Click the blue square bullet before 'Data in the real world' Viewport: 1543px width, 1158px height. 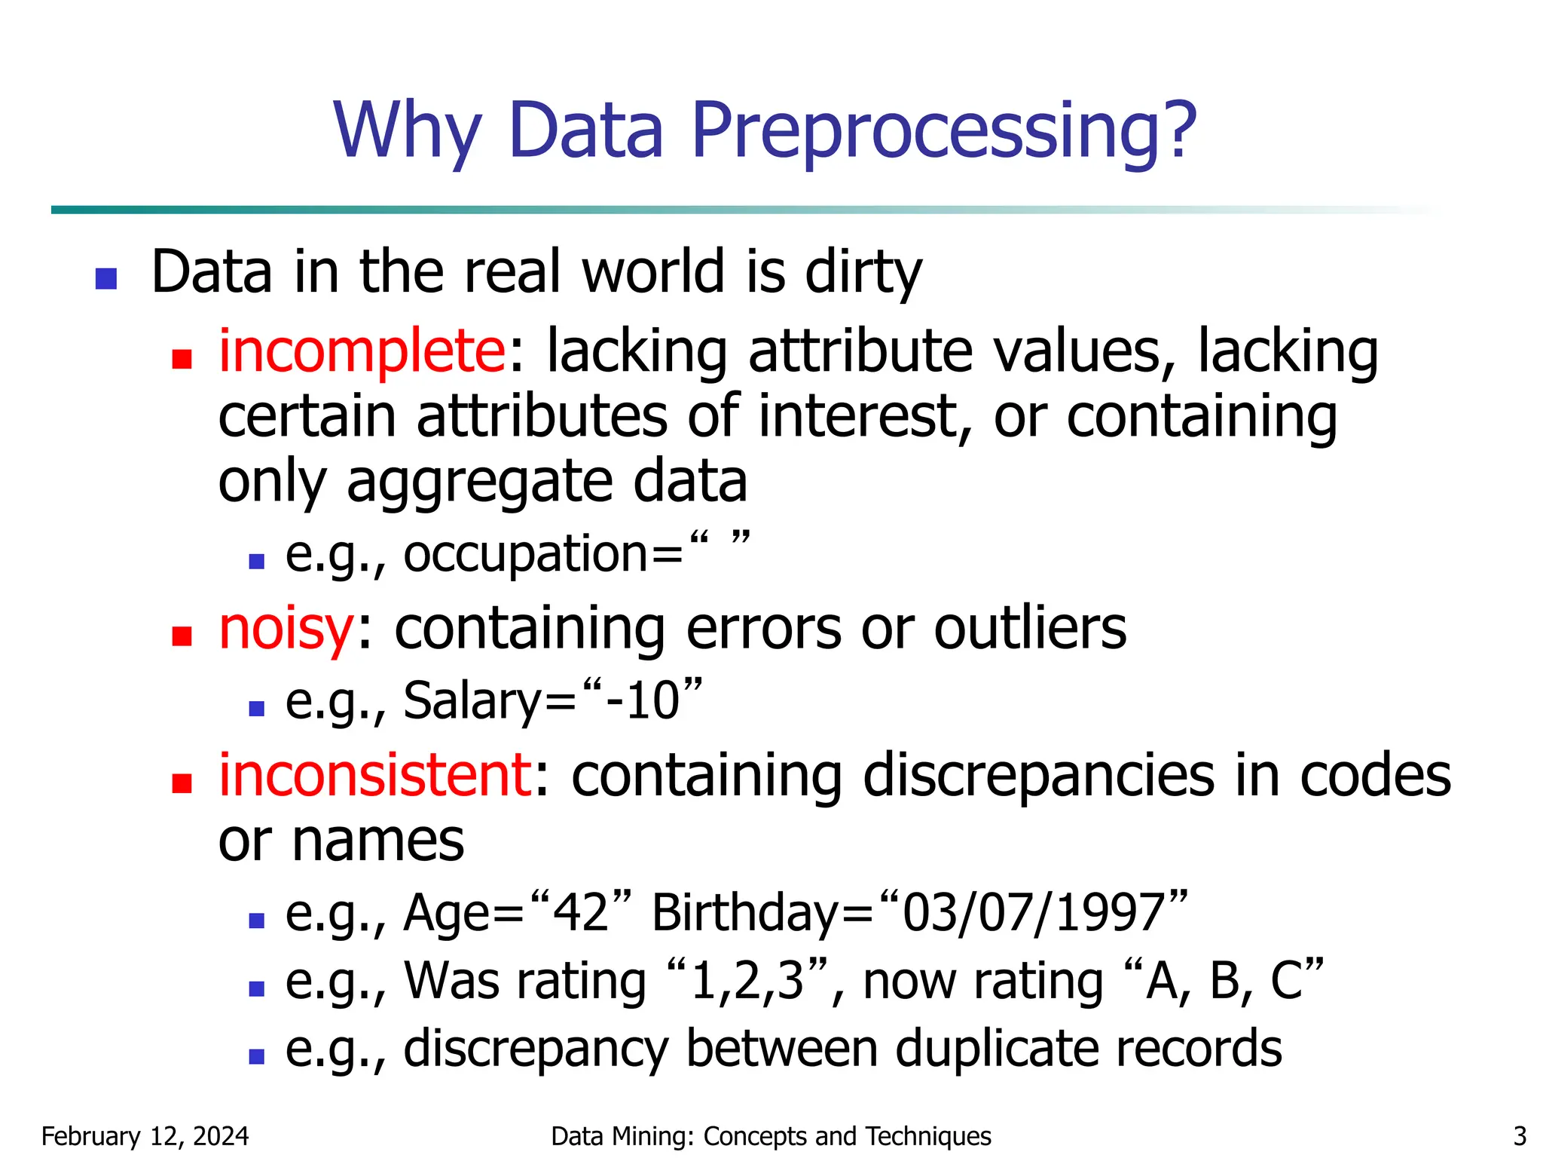pos(106,278)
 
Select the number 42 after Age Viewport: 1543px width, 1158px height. pos(581,912)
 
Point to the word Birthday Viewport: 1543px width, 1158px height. pos(744,912)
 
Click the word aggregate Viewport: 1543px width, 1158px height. pos(480,482)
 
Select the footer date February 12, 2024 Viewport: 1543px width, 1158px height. pos(145,1136)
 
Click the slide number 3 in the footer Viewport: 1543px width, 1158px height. pos(1520,1136)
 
